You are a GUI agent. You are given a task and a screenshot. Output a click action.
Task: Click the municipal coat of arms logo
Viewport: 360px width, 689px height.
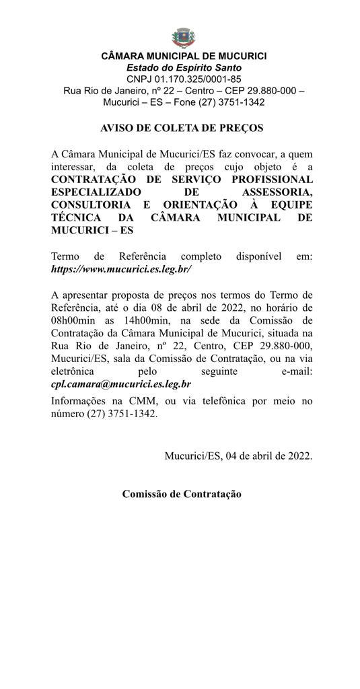click(180, 36)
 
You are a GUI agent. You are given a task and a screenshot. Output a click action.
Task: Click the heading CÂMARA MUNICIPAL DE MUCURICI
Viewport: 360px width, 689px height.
click(184, 57)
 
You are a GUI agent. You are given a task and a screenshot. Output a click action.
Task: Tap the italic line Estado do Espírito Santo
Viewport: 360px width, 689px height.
click(184, 68)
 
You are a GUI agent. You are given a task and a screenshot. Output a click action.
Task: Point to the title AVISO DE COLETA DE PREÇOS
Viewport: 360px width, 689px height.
click(182, 128)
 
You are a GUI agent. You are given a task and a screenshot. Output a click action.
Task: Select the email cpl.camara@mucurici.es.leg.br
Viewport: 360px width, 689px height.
click(121, 384)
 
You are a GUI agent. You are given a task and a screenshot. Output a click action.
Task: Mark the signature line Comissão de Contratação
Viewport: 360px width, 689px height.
click(182, 494)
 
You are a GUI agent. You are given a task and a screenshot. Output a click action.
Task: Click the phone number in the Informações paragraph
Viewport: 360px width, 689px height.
click(121, 414)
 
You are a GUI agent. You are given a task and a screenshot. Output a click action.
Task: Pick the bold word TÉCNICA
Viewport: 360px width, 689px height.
click(76, 217)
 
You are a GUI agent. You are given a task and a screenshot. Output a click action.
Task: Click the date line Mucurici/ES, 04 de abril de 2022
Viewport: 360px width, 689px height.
click(238, 456)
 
